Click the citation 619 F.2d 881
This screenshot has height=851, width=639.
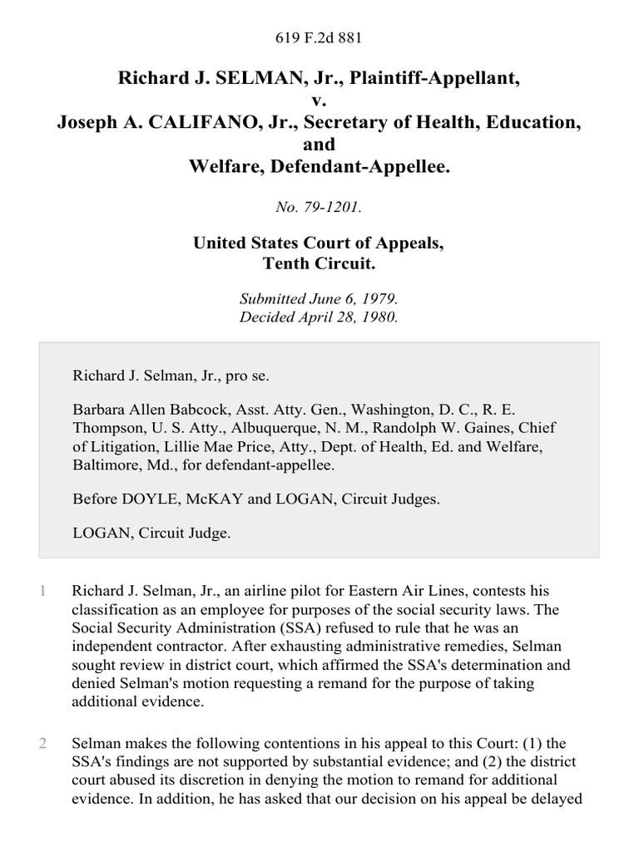[319, 37]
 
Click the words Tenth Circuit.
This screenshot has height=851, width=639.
[319, 263]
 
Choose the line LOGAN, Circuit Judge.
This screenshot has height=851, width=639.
[151, 534]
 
